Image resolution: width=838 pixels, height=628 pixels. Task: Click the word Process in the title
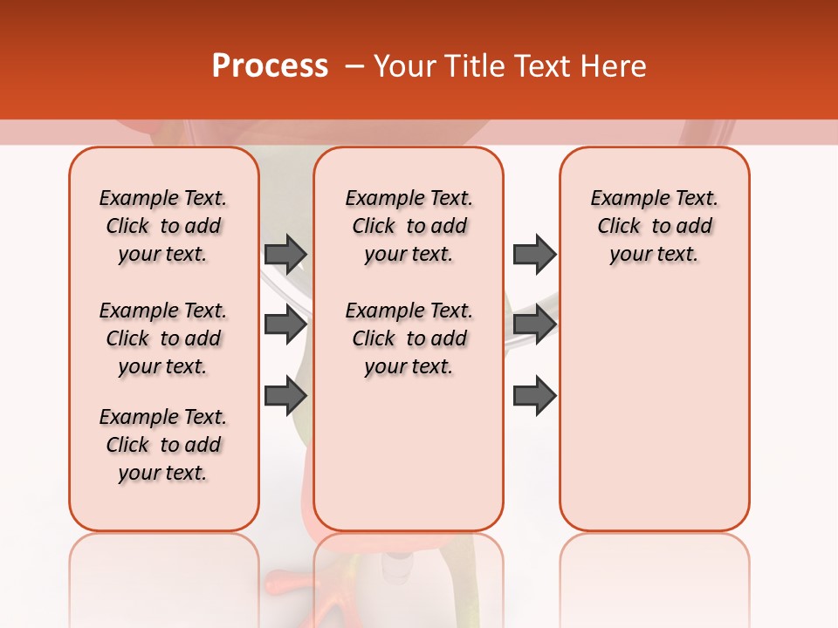click(270, 66)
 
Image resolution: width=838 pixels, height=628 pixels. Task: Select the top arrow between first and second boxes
click(285, 254)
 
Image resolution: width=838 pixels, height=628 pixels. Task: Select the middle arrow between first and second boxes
click(285, 324)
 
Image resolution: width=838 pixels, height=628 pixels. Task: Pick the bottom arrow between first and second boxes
click(285, 395)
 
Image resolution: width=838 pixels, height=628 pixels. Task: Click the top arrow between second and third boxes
click(534, 254)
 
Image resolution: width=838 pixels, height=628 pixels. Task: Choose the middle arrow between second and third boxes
click(534, 324)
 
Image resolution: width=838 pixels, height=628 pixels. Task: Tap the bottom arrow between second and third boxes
click(534, 395)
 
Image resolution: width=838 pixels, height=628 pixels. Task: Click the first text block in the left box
click(163, 226)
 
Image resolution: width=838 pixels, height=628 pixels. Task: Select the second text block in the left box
click(163, 338)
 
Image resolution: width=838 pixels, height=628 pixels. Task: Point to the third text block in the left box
click(163, 445)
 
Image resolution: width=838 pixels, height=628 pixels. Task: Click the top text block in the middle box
click(409, 226)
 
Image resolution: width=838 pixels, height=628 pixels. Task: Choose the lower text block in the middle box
click(409, 338)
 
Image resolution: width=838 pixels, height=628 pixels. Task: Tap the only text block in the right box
click(654, 226)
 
